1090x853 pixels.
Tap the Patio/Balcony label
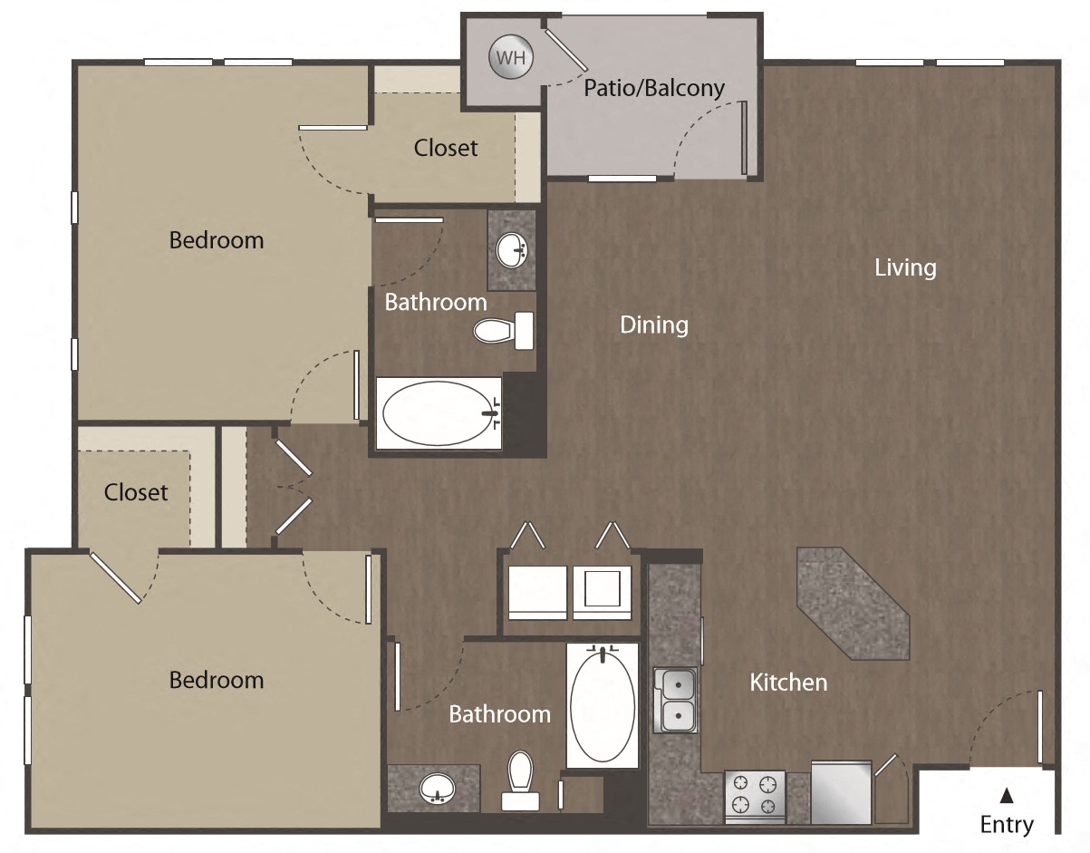pos(653,88)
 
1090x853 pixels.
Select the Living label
pos(904,267)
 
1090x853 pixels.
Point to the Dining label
pos(653,325)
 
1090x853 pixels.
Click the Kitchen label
pos(788,682)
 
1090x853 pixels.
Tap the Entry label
pos(1006,824)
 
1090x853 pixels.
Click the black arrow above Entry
pos(1006,796)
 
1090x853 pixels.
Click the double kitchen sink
pos(675,700)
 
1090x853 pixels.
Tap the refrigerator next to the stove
pos(841,792)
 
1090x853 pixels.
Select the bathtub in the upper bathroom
pos(439,413)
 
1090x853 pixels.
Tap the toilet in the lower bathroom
pos(520,781)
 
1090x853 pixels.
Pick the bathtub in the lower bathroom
pos(603,705)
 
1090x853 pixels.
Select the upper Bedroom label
pos(217,240)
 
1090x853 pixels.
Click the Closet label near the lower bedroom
pos(136,492)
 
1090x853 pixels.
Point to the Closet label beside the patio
pos(446,147)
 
